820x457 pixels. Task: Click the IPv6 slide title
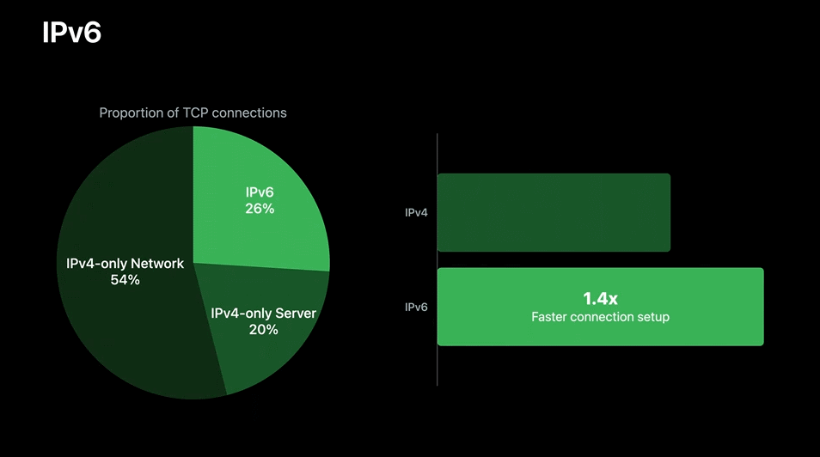72,33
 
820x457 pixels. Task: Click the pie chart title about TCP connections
193,113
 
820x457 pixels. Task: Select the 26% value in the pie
259,209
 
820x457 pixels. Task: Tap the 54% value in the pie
125,280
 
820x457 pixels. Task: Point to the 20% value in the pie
263,330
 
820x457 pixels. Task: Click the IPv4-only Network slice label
125,264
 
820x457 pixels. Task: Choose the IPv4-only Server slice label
263,314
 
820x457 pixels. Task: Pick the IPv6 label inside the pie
259,192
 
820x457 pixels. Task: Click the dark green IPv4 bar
554,212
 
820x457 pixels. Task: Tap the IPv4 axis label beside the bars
417,212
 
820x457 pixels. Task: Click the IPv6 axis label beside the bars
417,307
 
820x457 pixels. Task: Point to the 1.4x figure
600,298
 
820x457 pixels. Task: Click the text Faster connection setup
600,317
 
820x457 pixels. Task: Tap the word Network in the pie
156,264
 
